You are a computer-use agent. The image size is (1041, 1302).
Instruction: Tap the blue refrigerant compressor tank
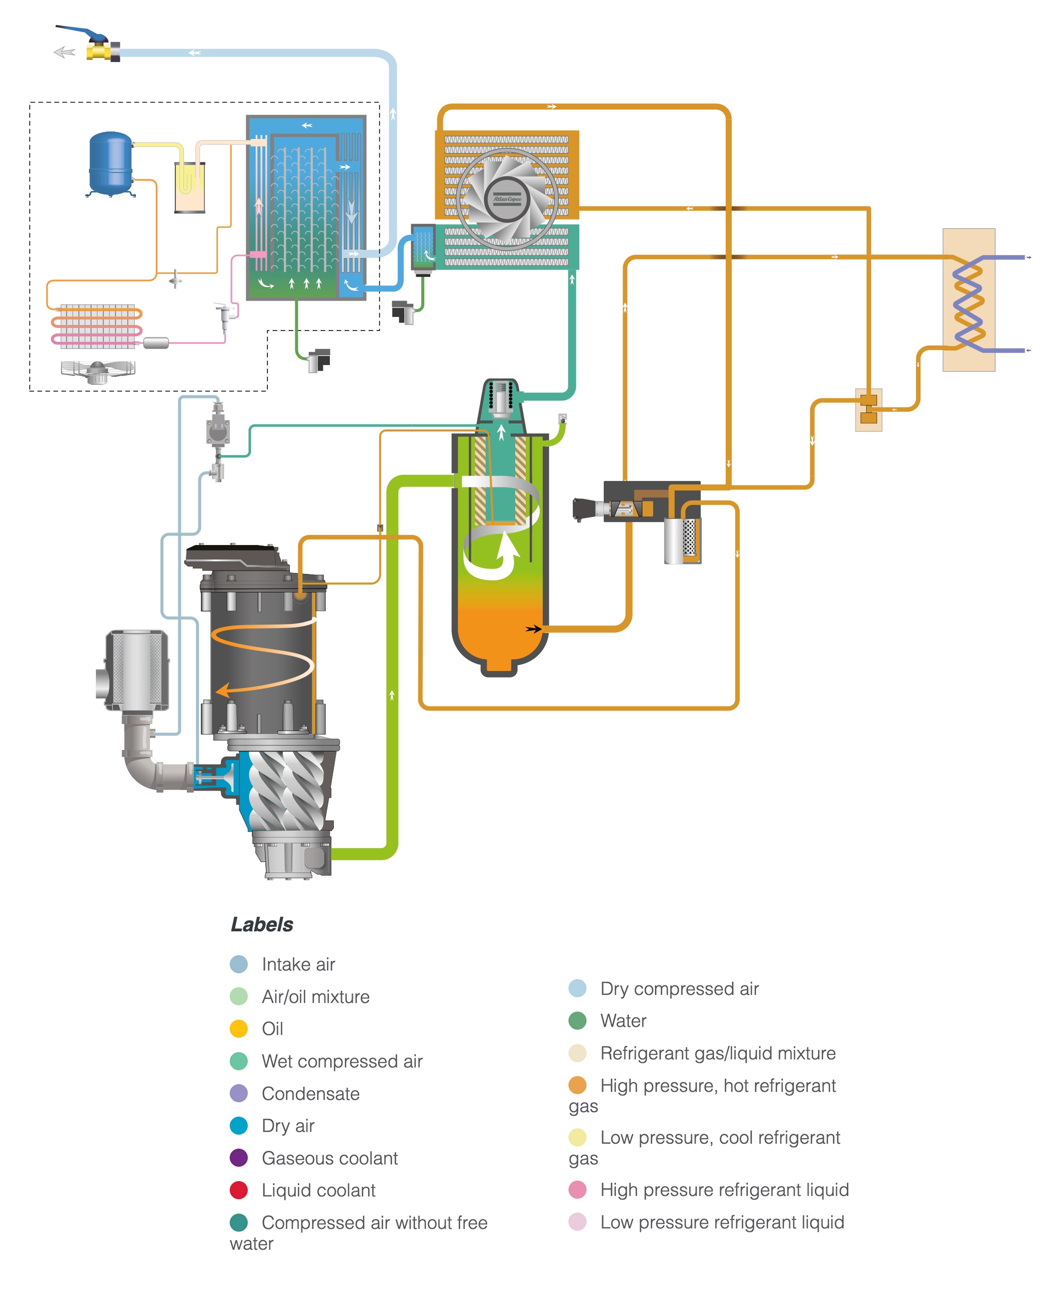[110, 163]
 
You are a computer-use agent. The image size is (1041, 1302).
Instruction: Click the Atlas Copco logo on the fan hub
[506, 198]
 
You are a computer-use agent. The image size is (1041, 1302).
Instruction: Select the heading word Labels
[261, 924]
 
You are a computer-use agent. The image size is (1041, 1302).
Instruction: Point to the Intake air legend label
[298, 964]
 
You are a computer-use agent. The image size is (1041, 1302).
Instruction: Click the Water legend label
[623, 1020]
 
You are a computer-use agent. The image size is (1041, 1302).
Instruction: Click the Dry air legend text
[288, 1125]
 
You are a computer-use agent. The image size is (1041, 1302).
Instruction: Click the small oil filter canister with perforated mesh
[682, 539]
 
